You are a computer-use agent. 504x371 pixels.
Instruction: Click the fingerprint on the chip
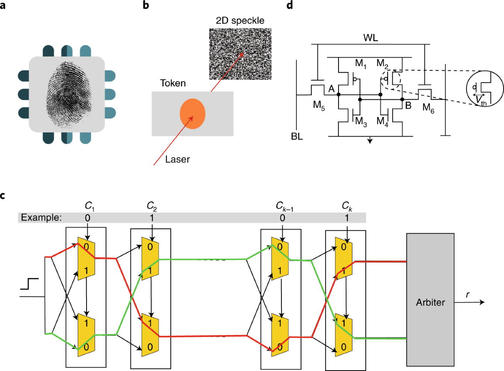pos(66,94)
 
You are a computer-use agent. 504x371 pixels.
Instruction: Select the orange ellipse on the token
pos(193,114)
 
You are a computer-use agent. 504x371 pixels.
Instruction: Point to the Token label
pos(172,83)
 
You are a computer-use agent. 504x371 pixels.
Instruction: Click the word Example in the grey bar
pos(41,218)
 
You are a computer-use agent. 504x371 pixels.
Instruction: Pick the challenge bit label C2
pos(152,206)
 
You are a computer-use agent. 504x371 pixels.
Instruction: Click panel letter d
pos(289,7)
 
